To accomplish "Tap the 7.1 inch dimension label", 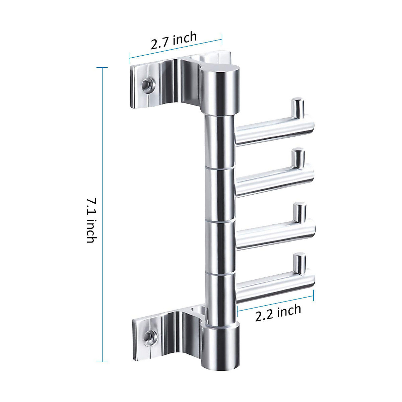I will [x=91, y=220].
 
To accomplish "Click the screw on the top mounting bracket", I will [x=146, y=83].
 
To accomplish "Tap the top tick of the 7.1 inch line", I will [x=102, y=67].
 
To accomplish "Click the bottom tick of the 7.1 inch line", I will [x=102, y=362].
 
